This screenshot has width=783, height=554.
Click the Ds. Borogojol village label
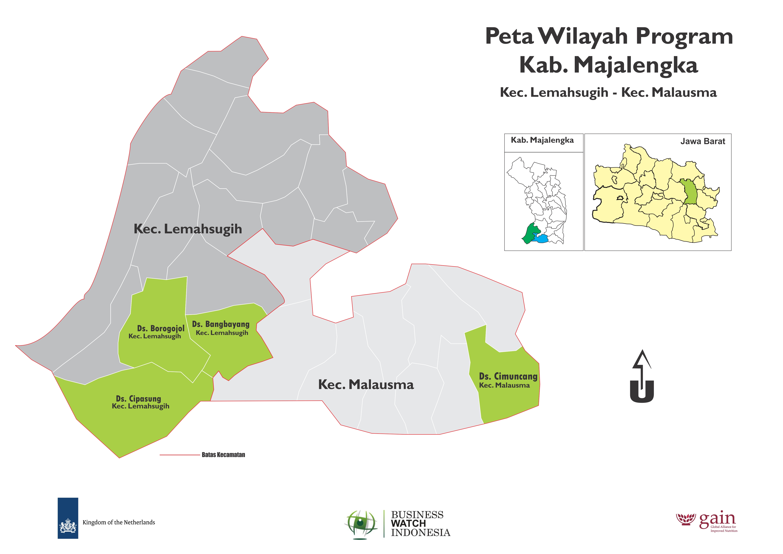[x=160, y=329]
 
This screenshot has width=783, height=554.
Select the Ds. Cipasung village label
[x=138, y=399]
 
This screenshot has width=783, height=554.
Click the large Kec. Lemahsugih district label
[x=188, y=229]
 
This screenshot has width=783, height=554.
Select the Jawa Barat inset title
[x=702, y=141]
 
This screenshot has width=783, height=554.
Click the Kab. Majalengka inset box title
[x=542, y=140]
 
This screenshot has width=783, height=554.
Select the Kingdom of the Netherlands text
[x=119, y=522]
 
